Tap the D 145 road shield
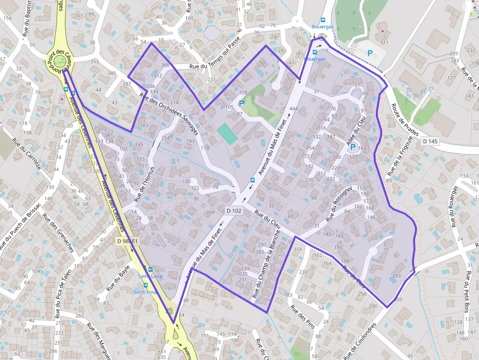pos(431,141)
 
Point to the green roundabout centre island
pos(59,61)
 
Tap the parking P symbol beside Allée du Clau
pos(352,147)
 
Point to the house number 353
pos(94,62)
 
